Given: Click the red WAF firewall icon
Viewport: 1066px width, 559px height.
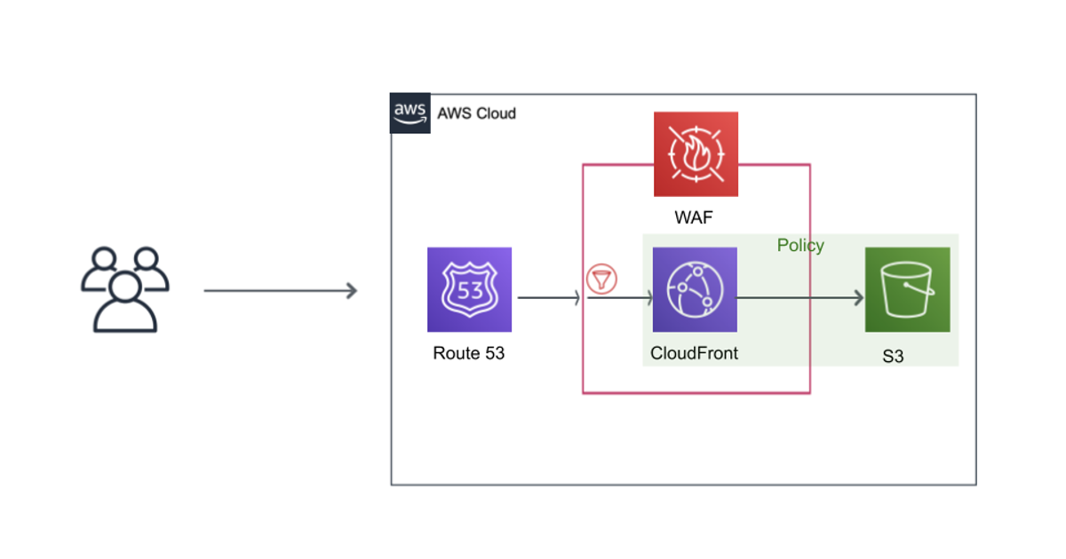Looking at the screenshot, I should [x=696, y=154].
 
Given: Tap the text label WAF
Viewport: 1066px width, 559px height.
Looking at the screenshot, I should [x=694, y=218].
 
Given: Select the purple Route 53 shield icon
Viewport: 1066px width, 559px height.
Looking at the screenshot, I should [x=469, y=289].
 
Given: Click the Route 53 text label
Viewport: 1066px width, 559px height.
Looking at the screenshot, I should [x=468, y=353].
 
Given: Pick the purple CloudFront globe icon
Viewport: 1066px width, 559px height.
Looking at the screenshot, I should [x=695, y=289].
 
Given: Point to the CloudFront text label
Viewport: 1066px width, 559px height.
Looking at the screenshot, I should [x=694, y=353].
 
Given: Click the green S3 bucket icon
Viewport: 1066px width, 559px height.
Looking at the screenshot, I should [x=907, y=289].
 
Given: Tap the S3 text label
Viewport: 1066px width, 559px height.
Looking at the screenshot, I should [x=893, y=358].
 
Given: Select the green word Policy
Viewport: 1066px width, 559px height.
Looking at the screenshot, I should [x=800, y=246].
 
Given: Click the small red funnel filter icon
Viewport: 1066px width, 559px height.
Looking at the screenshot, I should [x=601, y=280].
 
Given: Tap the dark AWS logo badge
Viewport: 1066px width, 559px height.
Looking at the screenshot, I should [x=410, y=114].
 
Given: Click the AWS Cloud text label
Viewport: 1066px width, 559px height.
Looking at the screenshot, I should [x=476, y=114].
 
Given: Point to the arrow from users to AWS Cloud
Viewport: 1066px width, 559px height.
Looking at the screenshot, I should [x=280, y=290].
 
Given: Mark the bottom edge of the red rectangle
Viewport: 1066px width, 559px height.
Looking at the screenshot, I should [x=696, y=392].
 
